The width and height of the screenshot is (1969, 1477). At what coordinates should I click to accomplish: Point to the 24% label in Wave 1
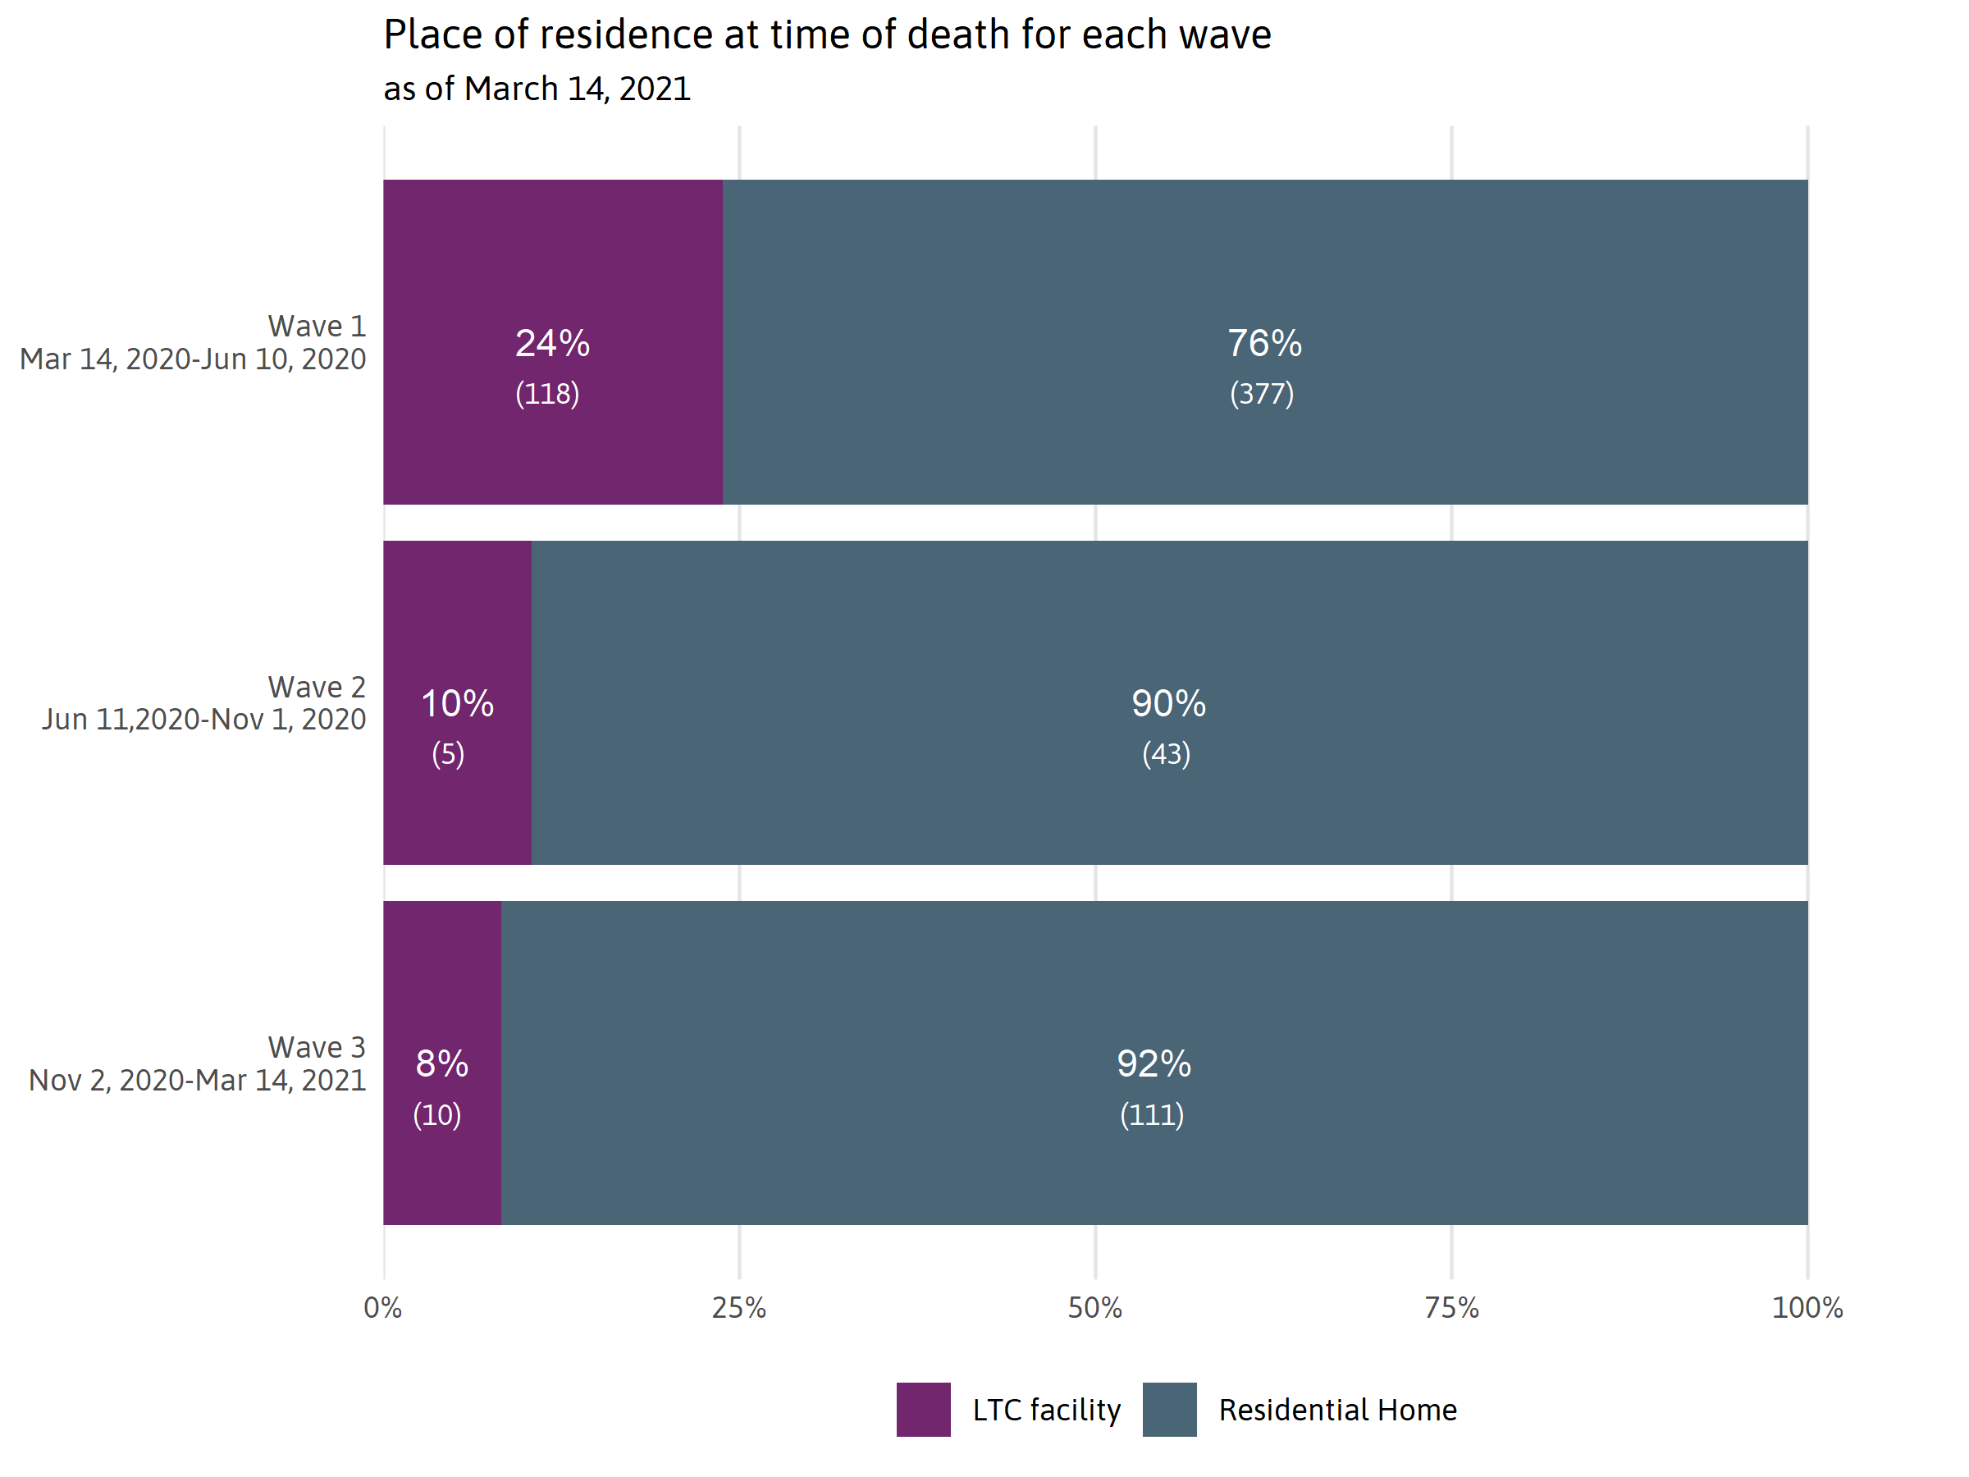click(552, 344)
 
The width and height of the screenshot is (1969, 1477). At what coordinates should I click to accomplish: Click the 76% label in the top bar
click(1264, 344)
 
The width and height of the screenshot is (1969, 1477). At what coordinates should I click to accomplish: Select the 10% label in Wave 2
click(457, 704)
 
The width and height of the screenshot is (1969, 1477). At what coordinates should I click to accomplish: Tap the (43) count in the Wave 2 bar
click(1166, 754)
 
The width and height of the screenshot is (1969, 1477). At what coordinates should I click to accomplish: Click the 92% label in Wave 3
click(1154, 1064)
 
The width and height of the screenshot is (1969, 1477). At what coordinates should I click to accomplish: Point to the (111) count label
click(1152, 1114)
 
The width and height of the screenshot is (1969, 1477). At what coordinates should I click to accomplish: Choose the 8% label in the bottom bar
click(441, 1064)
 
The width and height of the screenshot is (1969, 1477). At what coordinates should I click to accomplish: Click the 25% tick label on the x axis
click(739, 1308)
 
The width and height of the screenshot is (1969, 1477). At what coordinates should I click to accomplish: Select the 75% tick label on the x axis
click(1451, 1308)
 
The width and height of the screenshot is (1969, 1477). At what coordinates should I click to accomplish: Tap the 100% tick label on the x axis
click(1807, 1308)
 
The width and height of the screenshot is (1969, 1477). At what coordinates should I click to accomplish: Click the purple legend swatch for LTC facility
click(923, 1410)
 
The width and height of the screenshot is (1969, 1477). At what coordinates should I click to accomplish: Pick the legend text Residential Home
click(1337, 1411)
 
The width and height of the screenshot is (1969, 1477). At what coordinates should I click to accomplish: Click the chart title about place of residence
click(827, 35)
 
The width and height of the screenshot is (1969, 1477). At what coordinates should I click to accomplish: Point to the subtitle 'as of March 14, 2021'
click(537, 89)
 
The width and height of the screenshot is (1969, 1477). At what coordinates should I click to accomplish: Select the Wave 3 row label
click(316, 1048)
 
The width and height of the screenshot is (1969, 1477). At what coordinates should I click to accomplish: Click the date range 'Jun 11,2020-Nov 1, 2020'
click(203, 720)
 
